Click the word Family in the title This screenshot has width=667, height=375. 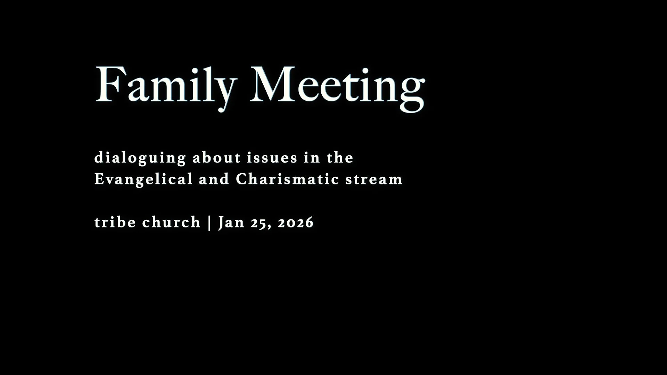point(165,85)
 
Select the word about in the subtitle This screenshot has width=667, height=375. point(216,158)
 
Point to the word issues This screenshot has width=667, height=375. point(272,158)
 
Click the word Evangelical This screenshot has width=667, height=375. point(143,180)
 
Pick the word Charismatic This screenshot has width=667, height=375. point(287,180)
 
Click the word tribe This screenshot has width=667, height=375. point(115,222)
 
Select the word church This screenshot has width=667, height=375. point(171,222)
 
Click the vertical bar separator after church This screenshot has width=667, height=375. point(209,222)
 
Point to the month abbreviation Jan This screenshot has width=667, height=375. point(231,222)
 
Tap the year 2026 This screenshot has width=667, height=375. point(296,223)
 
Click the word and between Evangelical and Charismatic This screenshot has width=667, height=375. point(214,180)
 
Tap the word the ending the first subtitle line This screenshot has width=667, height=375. point(340,158)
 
